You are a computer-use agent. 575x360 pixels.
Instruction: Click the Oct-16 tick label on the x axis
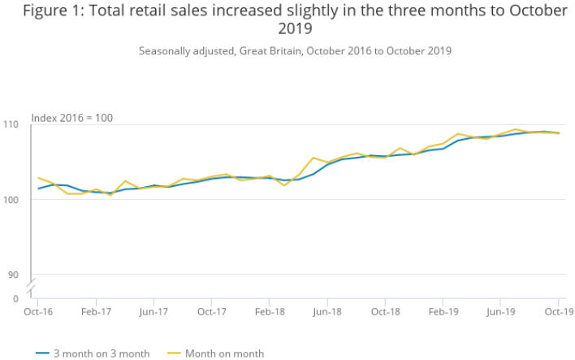[38, 311]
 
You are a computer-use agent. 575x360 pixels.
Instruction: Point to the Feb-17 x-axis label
[96, 311]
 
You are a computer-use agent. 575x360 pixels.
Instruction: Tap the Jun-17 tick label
[153, 311]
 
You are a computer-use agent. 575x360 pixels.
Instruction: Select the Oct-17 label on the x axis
[211, 311]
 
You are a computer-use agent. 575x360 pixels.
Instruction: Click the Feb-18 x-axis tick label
[270, 311]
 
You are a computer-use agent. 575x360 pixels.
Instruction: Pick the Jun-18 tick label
[326, 311]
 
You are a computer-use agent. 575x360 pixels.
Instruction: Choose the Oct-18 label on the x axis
[385, 311]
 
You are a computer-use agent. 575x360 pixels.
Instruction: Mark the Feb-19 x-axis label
[443, 311]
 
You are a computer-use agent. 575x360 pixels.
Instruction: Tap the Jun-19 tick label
[500, 311]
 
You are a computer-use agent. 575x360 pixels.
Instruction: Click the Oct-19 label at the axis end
[558, 311]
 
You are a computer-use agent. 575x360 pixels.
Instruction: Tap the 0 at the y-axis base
[15, 298]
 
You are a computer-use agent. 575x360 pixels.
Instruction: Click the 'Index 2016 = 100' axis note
[72, 118]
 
